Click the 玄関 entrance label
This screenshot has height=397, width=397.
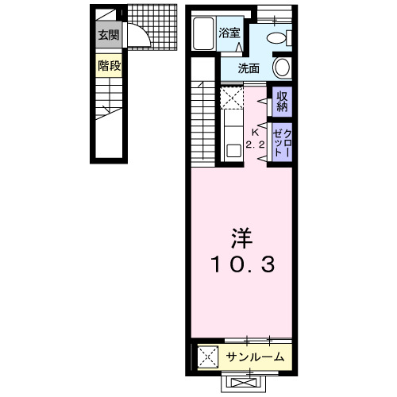tap(110, 36)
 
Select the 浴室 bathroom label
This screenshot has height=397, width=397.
tap(231, 33)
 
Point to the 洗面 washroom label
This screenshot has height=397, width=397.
tap(249, 68)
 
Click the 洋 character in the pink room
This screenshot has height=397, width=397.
tap(242, 237)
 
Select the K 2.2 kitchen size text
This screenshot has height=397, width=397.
tap(256, 139)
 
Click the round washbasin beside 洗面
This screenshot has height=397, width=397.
tap(283, 68)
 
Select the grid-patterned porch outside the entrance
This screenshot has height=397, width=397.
tap(156, 29)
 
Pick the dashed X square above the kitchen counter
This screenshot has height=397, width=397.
tap(231, 99)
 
